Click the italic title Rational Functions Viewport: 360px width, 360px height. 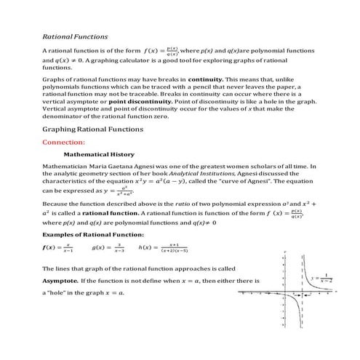point(75,36)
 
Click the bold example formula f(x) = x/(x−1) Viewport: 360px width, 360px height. point(58,248)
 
